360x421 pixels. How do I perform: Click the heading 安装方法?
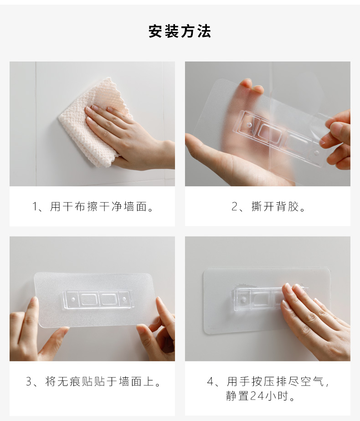coord(180,31)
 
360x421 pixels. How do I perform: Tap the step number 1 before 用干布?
coord(35,207)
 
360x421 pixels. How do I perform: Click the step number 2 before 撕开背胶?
coord(235,207)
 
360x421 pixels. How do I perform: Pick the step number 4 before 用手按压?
coord(211,381)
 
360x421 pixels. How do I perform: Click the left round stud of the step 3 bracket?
coord(73,298)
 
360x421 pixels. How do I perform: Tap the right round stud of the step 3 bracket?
coord(124,298)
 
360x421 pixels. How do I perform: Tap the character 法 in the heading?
coord(204,31)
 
